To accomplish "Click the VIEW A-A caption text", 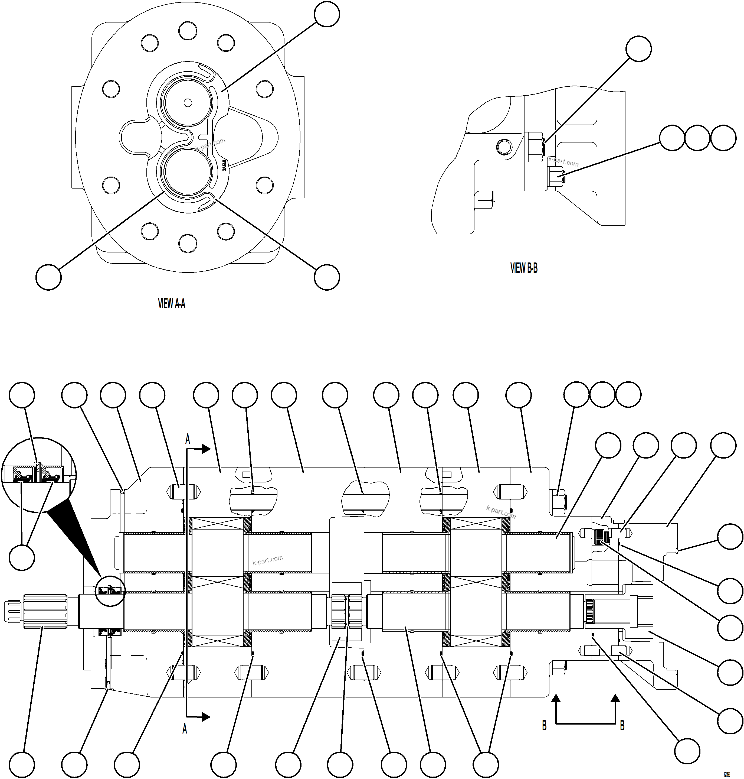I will [171, 304].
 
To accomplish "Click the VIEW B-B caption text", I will [523, 268].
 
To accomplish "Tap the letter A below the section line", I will [184, 729].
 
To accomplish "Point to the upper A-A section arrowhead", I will [206, 449].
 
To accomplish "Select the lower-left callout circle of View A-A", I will [48, 277].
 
